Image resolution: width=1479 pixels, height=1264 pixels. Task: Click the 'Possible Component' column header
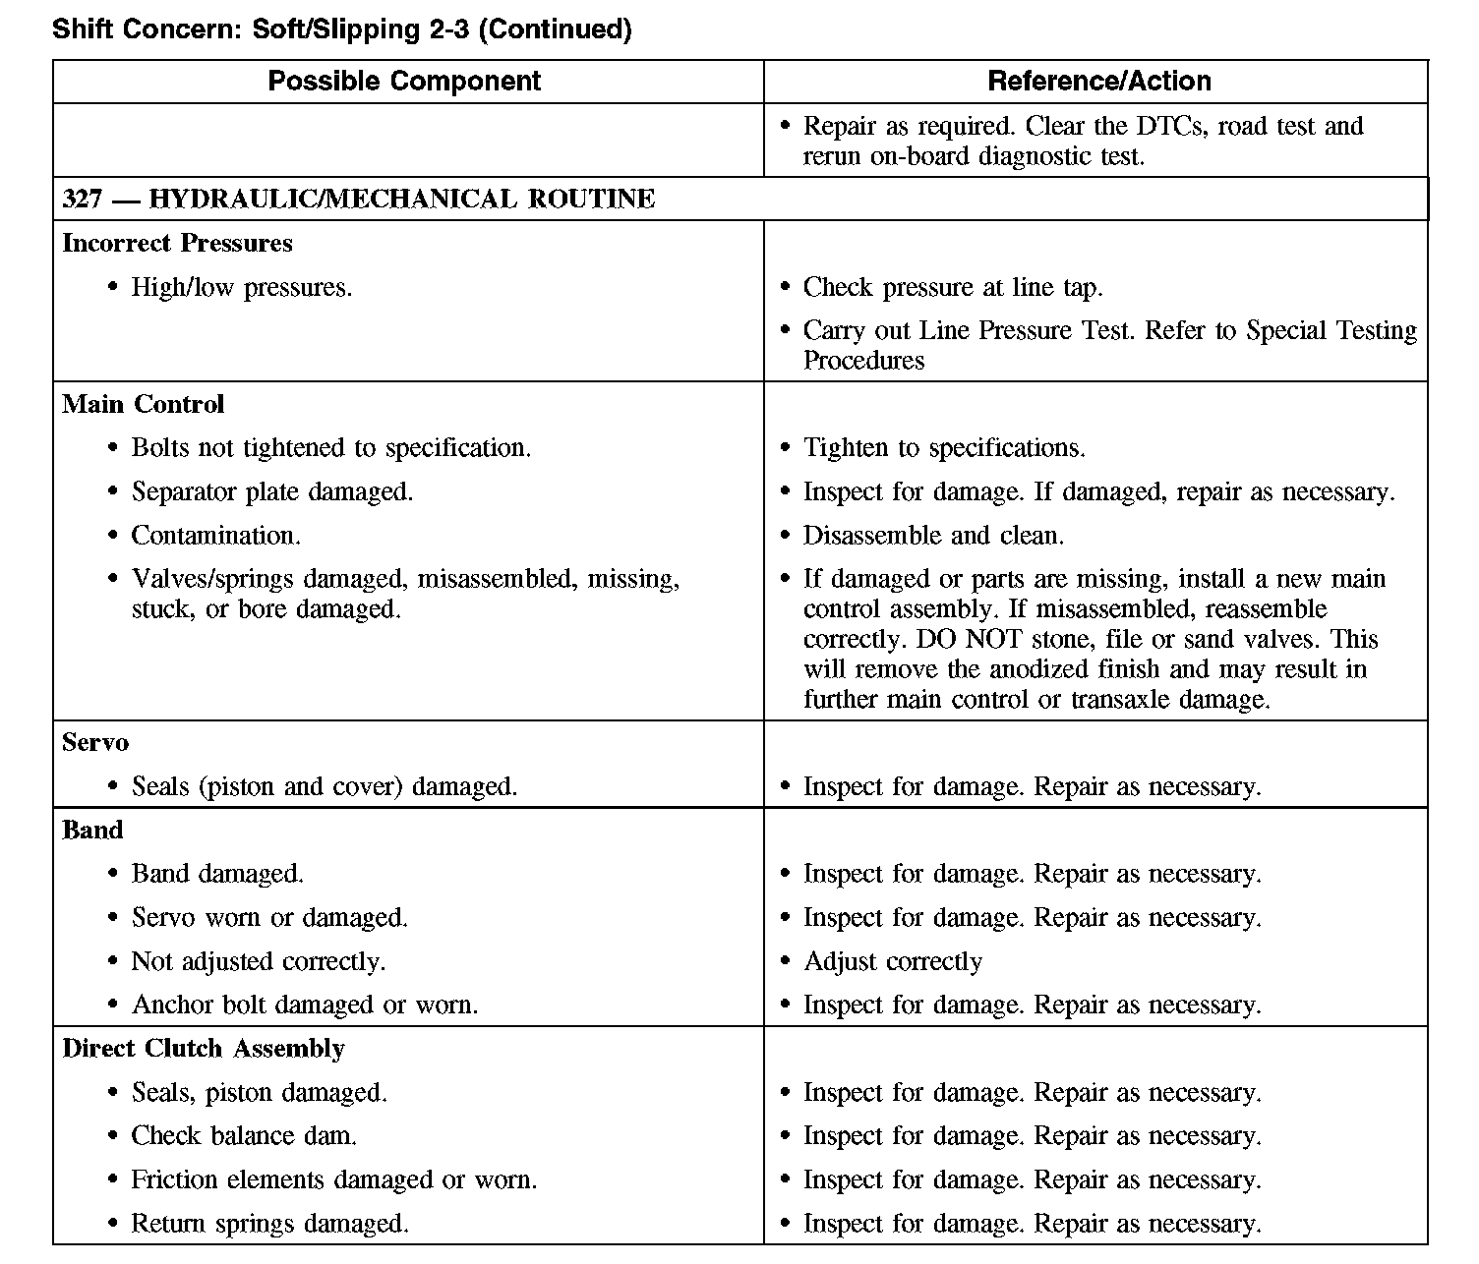coord(404,82)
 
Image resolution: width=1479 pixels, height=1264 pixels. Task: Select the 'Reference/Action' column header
coord(1098,82)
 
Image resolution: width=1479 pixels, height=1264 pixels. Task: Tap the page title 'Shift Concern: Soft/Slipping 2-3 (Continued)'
coord(341,29)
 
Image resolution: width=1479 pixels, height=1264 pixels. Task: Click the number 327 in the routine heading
coord(82,200)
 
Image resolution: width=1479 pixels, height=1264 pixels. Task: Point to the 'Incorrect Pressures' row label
coord(177,243)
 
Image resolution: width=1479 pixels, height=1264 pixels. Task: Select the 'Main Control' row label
coord(143,404)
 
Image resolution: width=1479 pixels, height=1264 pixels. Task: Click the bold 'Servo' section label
coord(94,742)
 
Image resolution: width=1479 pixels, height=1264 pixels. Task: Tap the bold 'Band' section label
coord(92,830)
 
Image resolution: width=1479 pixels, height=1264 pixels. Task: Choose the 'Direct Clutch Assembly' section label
coord(204,1049)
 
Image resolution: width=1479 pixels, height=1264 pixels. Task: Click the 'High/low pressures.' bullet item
coord(241,288)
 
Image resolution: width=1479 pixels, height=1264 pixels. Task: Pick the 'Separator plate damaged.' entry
coord(272,491)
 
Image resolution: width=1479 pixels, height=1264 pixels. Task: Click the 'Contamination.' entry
coord(216,536)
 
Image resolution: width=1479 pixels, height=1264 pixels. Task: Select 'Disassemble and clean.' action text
coord(933,536)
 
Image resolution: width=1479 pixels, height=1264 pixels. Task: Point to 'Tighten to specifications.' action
coord(944,448)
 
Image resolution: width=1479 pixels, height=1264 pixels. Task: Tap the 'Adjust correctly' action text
coord(893,961)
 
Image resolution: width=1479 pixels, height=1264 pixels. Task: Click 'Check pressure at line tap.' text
coord(953,288)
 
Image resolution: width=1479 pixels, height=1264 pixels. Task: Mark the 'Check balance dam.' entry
coord(244,1136)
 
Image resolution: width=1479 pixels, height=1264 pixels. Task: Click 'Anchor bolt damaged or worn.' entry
coord(305,1005)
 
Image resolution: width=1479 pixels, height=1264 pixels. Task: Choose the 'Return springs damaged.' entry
coord(269,1224)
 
